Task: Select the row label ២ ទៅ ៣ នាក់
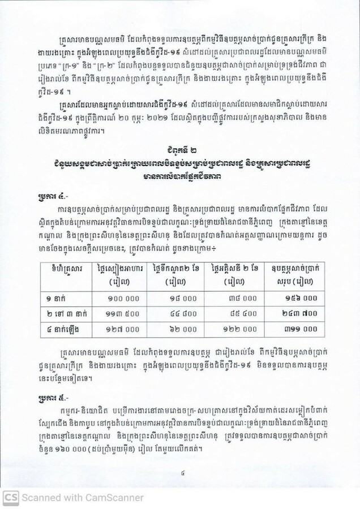tap(61, 313)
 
